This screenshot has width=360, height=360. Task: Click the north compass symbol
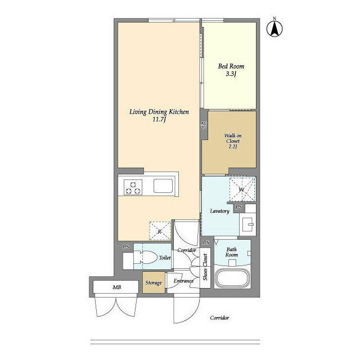(275, 28)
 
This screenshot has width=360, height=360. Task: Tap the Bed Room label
(231, 66)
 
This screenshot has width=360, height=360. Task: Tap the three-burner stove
(134, 187)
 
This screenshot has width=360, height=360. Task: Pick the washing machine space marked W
(242, 189)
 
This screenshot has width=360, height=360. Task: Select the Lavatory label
(219, 211)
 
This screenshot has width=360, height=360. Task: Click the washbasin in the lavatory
(249, 226)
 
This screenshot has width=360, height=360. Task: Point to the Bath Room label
(232, 252)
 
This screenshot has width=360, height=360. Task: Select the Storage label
(154, 283)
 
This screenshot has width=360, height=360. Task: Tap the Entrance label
(183, 281)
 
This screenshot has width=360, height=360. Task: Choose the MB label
(116, 287)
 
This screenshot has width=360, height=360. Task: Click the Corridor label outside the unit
(219, 318)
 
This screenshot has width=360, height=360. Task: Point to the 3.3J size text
(231, 74)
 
